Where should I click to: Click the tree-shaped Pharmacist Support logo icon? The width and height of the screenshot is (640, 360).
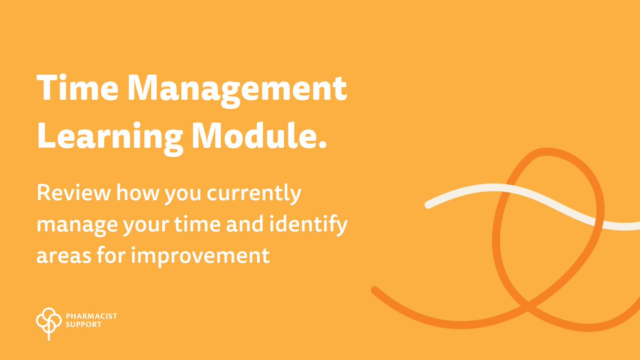(x=46, y=321)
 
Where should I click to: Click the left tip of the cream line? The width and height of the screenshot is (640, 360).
(x=428, y=204)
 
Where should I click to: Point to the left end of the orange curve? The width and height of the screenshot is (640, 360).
(x=374, y=290)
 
